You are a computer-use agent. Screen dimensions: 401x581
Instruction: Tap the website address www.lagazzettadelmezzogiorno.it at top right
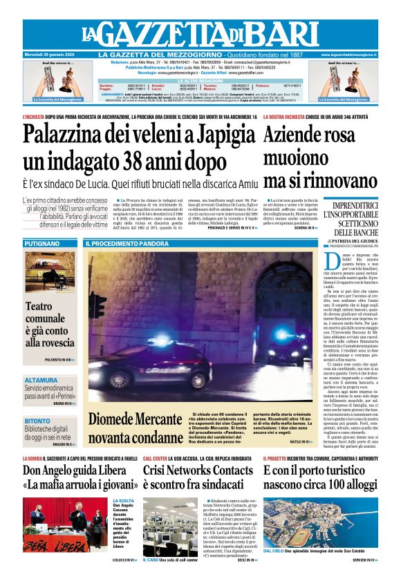coord(350,54)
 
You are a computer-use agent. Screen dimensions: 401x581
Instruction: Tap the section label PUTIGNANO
coord(40,244)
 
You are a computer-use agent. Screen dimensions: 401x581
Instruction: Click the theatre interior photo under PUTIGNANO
coord(50,272)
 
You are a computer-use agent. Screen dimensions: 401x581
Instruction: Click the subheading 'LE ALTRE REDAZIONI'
coord(200,81)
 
